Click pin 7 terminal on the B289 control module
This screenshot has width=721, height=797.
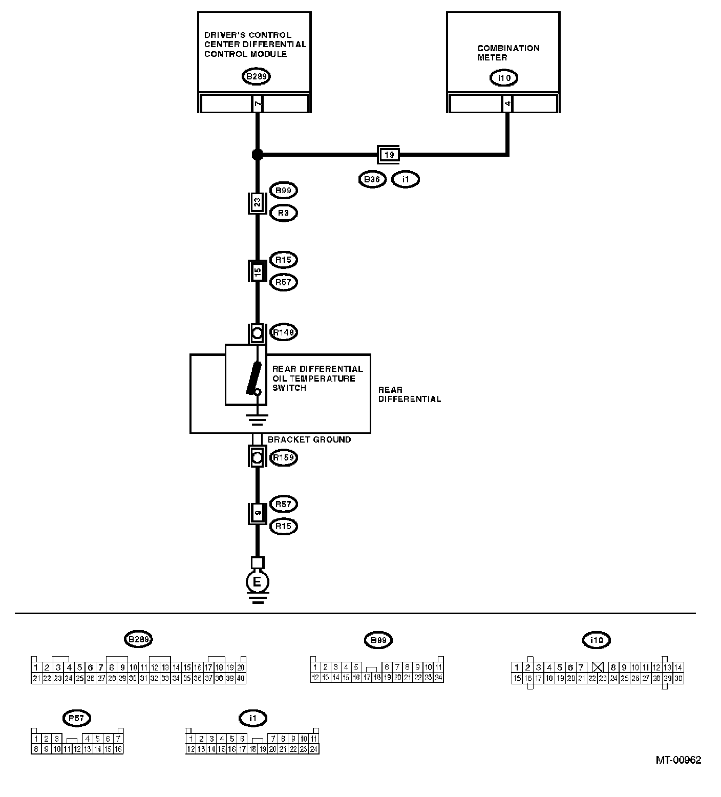[258, 104]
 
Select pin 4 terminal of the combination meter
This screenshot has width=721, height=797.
[507, 104]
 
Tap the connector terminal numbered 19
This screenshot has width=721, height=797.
[388, 154]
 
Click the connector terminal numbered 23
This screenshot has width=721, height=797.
[258, 202]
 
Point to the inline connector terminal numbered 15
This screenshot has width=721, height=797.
[258, 271]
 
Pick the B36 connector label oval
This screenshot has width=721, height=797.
[372, 180]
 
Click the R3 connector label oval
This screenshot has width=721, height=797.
[283, 213]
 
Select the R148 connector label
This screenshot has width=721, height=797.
[283, 332]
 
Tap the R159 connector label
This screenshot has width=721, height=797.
[283, 457]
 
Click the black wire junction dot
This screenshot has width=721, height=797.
[258, 154]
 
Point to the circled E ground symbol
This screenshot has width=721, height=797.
[258, 582]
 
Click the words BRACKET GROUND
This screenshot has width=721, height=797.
[309, 439]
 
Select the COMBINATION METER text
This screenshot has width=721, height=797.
[508, 53]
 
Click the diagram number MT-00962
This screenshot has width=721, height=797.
[678, 760]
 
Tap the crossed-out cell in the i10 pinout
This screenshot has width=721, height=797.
[597, 667]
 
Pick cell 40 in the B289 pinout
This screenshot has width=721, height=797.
[241, 678]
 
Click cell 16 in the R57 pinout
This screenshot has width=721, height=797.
[118, 749]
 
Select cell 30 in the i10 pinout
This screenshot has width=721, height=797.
[678, 678]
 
